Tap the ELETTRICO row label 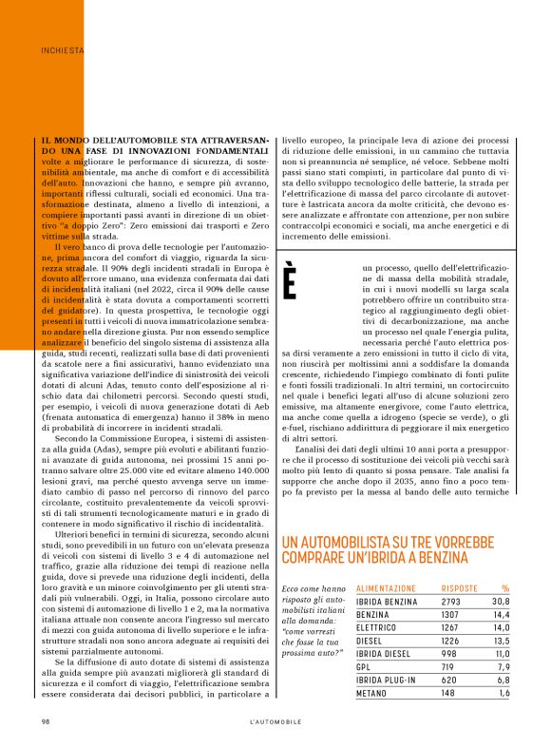tap(378, 628)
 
